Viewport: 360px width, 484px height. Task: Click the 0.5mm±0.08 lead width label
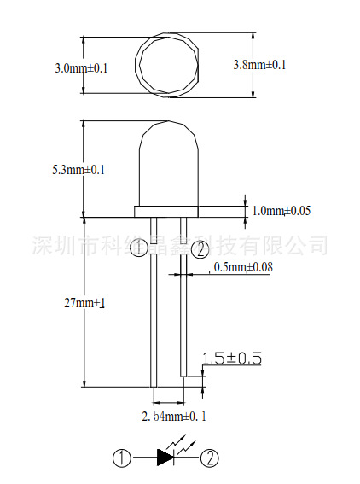(x=243, y=268)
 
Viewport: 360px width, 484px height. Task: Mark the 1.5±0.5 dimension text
(x=231, y=359)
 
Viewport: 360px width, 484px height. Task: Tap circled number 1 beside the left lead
(x=139, y=248)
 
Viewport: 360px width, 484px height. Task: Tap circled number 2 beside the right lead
(x=198, y=249)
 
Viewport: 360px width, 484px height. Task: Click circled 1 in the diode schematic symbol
(x=124, y=458)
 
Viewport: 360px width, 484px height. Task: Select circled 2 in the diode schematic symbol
(x=209, y=458)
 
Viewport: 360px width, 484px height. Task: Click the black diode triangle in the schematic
(x=166, y=458)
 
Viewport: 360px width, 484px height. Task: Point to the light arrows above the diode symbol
(x=181, y=443)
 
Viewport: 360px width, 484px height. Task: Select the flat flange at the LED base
(x=167, y=210)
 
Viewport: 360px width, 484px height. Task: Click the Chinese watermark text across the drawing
(x=179, y=245)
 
